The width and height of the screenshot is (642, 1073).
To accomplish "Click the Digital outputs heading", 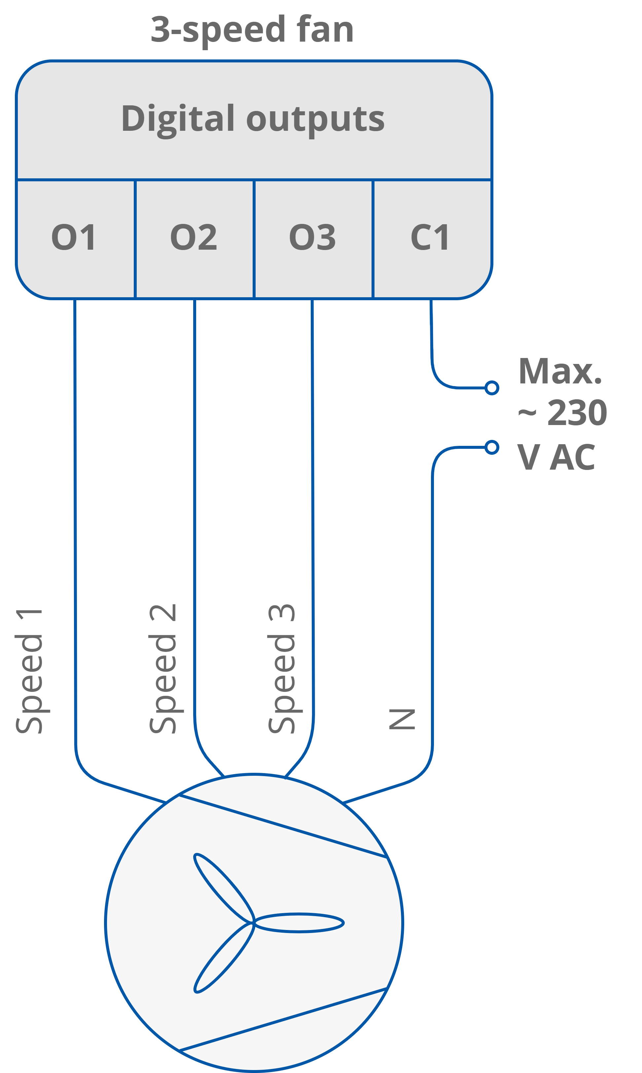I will [253, 119].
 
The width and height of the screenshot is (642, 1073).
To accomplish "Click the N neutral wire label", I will [402, 719].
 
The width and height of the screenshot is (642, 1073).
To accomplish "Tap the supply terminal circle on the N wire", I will [491, 447].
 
